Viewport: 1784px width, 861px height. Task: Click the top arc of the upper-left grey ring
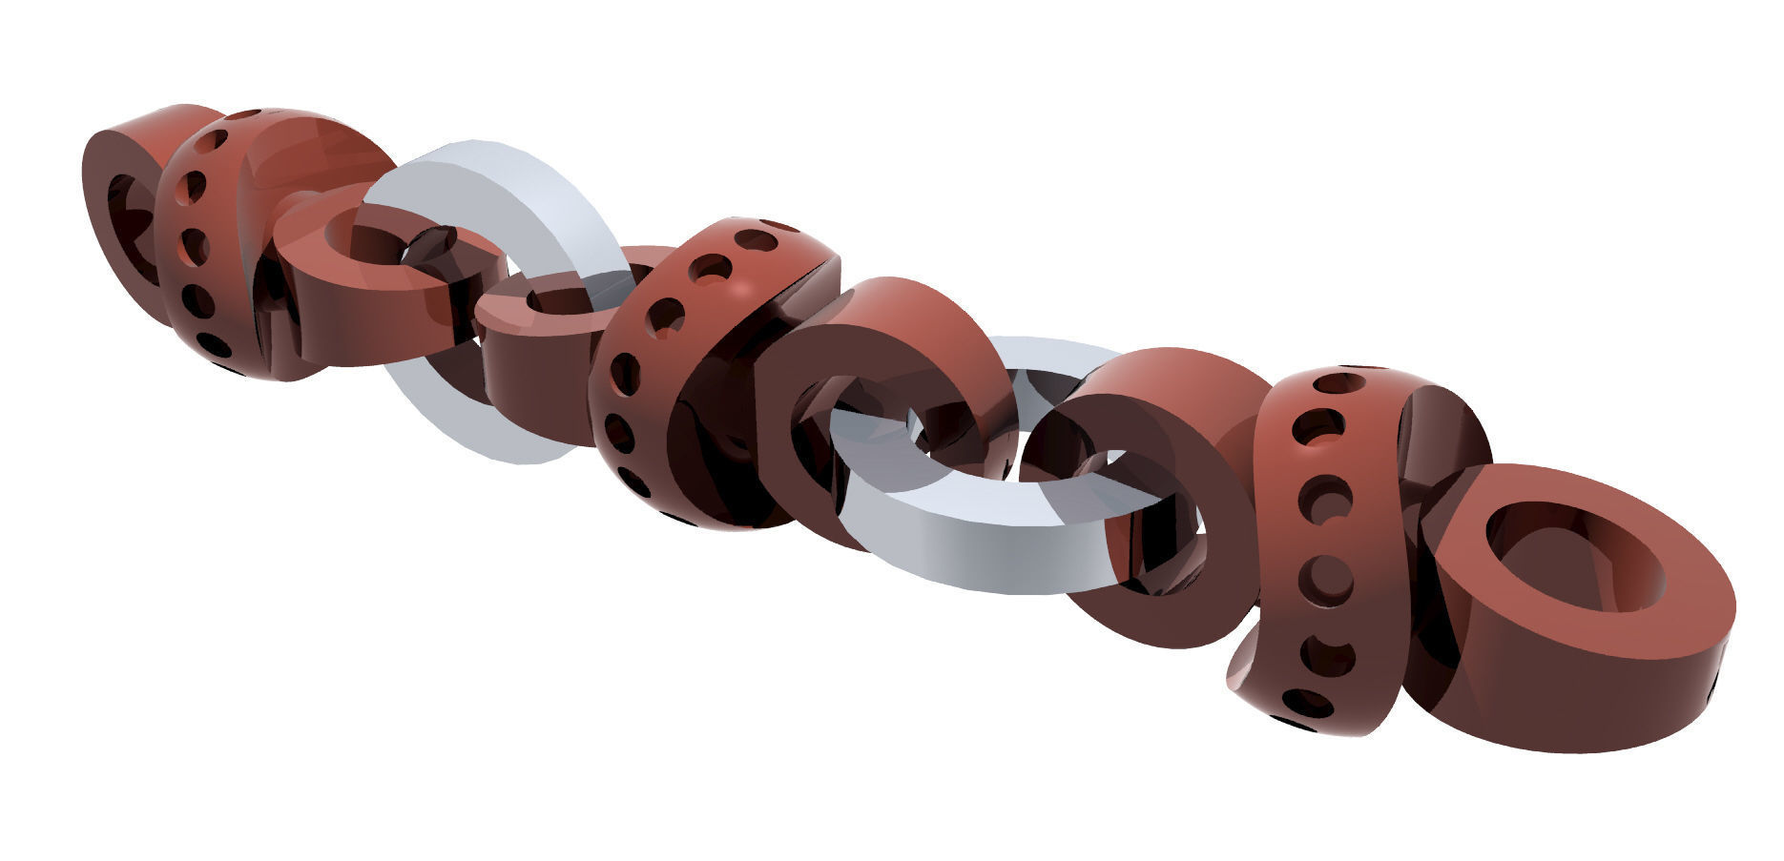pos(496,181)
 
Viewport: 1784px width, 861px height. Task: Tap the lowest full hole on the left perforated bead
pos(213,342)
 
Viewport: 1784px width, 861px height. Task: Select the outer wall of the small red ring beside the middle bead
pos(534,381)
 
